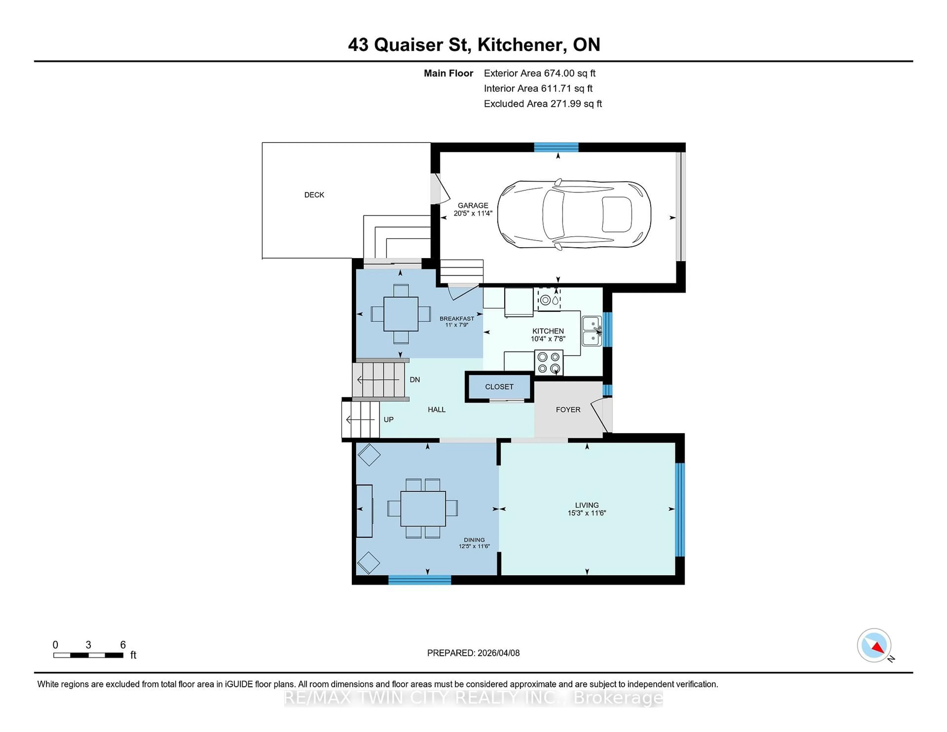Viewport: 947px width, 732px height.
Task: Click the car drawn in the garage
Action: (574, 214)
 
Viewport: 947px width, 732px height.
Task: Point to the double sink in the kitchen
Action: (591, 331)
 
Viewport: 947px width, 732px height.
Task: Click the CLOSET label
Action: (499, 387)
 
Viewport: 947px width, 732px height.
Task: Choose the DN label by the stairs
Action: (415, 380)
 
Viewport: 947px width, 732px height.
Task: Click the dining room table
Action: (423, 508)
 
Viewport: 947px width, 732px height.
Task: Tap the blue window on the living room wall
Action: (680, 510)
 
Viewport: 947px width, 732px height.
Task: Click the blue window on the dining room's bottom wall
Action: (419, 580)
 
